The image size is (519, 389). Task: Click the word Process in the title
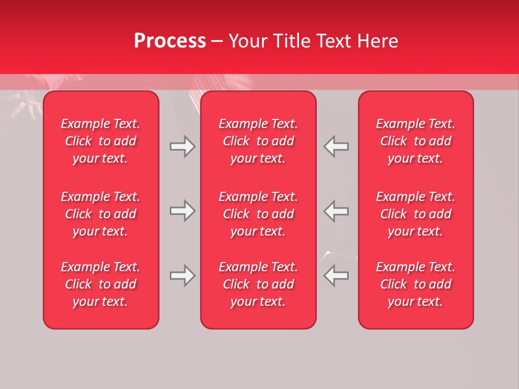coord(170,41)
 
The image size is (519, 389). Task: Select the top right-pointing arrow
coord(183,146)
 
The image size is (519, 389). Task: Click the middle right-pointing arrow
coord(183,211)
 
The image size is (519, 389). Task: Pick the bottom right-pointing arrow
coord(183,276)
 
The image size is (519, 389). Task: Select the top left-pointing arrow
coord(336,146)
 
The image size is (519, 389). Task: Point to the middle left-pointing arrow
coord(336,211)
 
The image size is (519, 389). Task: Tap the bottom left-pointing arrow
coord(336,276)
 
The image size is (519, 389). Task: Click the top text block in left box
coord(101,141)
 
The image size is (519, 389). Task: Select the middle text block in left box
coord(101,214)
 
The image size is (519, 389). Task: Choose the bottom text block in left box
coord(101,284)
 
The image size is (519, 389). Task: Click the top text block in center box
coord(258,141)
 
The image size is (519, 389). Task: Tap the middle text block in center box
coord(258,214)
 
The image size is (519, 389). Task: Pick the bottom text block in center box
coord(258,284)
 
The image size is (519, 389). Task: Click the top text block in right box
coord(415,141)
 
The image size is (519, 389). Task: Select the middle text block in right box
coord(415,214)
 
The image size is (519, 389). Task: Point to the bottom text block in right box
coord(415,284)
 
